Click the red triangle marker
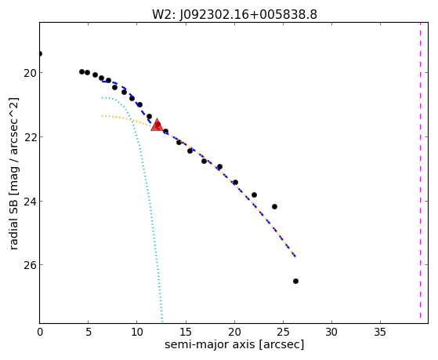tap(157, 125)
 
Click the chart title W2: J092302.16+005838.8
tap(234, 15)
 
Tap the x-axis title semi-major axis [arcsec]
tap(234, 344)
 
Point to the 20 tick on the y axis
tap(29, 73)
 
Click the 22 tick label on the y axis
tap(29, 137)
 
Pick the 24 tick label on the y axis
tap(29, 202)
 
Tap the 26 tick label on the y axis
tap(29, 265)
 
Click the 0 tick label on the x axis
tap(40, 332)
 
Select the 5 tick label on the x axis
tap(89, 332)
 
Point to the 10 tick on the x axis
tap(137, 332)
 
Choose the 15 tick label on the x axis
tap(186, 332)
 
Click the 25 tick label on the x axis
tap(283, 332)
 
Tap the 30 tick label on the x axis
tap(331, 332)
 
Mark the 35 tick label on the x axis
tap(380, 332)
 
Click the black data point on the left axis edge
tap(40, 53)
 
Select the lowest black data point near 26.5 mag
tap(295, 281)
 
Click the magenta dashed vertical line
tap(420, 173)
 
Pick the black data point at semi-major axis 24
tap(274, 207)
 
